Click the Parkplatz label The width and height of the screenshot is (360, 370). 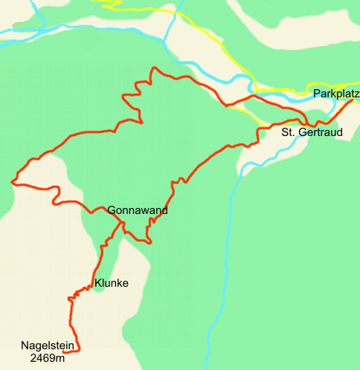[336, 94]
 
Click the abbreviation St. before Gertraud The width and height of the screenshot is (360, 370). [288, 133]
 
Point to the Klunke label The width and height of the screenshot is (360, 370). [112, 283]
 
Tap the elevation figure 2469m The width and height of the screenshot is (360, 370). [48, 358]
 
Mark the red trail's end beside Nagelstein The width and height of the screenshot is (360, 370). [78, 350]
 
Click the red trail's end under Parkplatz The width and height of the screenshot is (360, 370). [353, 99]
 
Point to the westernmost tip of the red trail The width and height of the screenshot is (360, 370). [12, 181]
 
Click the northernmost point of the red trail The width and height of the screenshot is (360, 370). [153, 68]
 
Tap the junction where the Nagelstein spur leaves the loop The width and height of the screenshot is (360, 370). [119, 221]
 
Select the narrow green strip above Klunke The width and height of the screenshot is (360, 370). [106, 256]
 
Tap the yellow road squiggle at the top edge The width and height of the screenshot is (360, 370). [112, 4]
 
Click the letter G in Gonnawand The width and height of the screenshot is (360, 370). [112, 210]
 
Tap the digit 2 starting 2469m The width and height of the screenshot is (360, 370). [33, 358]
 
